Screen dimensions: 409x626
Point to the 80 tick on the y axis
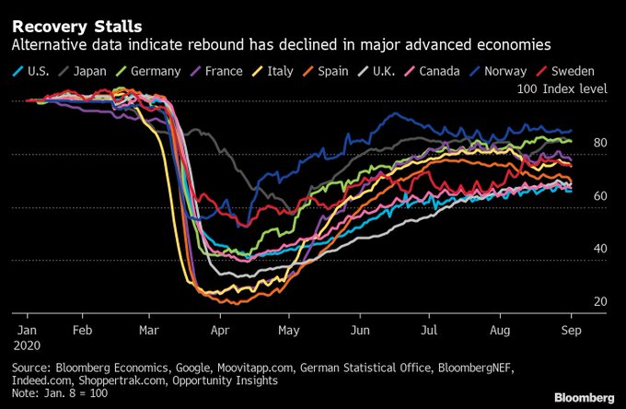(600, 143)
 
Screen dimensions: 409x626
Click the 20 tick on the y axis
(600, 301)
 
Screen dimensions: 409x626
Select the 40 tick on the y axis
(600, 249)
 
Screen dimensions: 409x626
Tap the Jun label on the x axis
(360, 327)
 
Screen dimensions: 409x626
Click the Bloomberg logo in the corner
(584, 397)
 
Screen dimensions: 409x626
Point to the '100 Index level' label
(562, 88)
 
